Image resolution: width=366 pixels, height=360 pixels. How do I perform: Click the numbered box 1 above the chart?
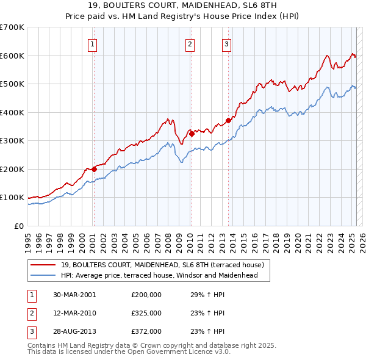[93, 43]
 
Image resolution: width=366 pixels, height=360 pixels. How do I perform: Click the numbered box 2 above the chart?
[190, 43]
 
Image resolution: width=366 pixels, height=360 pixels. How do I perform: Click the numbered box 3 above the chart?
[226, 43]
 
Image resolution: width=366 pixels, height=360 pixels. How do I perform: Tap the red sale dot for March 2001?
[94, 169]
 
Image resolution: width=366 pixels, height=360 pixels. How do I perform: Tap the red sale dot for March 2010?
[191, 134]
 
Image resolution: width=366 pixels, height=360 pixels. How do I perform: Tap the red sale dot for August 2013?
[228, 121]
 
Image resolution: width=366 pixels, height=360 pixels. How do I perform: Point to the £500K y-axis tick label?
[12, 84]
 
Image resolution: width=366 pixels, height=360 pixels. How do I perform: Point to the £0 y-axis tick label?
[20, 226]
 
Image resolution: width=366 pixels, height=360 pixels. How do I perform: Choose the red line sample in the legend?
[43, 265]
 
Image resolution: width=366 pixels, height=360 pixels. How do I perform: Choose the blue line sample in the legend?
[43, 275]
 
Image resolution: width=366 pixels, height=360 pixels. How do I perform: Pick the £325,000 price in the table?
[146, 313]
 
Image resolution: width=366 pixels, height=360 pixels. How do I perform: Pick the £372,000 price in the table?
[146, 331]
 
